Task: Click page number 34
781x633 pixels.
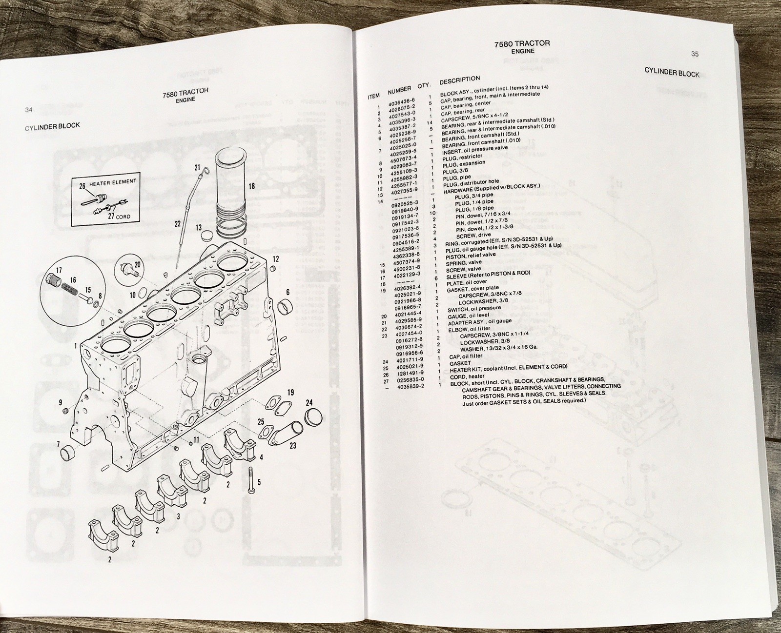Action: (29, 110)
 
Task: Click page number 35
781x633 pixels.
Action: (695, 54)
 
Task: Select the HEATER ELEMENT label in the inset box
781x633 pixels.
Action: (113, 182)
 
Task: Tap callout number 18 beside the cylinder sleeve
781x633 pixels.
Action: (251, 186)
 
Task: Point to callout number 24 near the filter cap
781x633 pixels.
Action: (309, 403)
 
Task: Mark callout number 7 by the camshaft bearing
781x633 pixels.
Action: (59, 444)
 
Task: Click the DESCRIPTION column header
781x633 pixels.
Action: (459, 79)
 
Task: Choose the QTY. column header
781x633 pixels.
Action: (423, 86)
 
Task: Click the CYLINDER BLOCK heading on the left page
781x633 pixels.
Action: (52, 126)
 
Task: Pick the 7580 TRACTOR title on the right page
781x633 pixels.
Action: (522, 43)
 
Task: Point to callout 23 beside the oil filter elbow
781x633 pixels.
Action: (292, 445)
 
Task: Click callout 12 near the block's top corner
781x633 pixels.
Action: (276, 259)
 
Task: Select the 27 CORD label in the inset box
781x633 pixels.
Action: (119, 216)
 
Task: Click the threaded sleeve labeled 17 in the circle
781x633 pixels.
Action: (52, 282)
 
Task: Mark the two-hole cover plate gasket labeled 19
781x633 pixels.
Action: (276, 406)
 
